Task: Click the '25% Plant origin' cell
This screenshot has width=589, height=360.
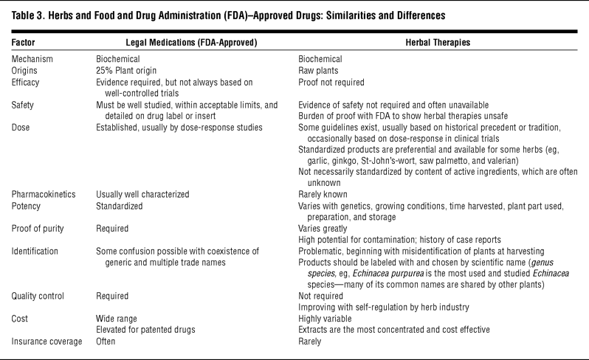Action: (x=130, y=70)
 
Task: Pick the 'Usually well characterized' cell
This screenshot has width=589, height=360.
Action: (x=142, y=194)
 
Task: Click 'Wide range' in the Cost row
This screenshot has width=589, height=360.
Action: (x=119, y=319)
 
